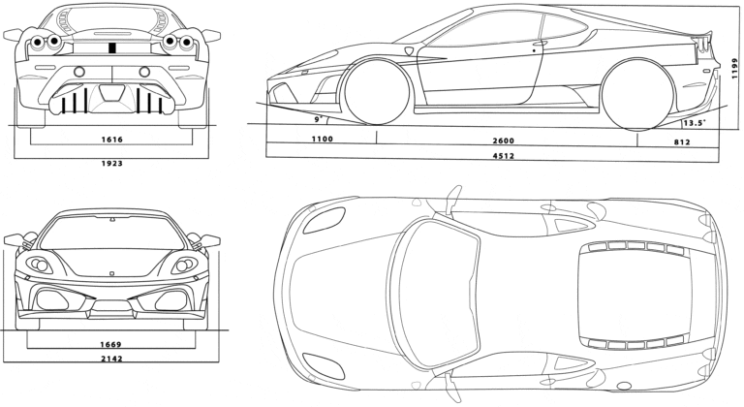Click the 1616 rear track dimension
tap(110, 140)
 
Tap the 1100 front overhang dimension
tap(322, 141)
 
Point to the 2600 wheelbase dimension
tap(503, 141)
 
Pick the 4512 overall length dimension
tap(503, 156)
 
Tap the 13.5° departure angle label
tap(693, 123)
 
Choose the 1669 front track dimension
tap(110, 344)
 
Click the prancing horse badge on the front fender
tap(409, 49)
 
